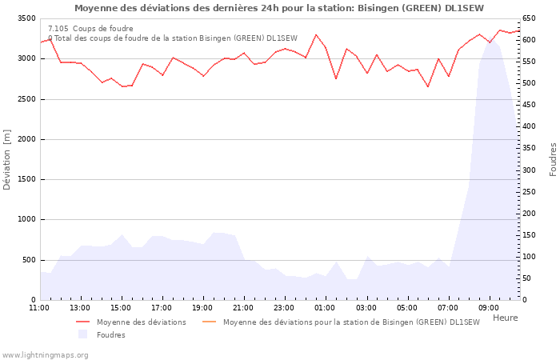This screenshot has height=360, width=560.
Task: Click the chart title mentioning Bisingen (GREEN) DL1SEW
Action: click(279, 8)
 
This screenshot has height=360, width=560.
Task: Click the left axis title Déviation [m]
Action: click(8, 159)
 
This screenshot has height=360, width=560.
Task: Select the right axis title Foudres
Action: click(553, 159)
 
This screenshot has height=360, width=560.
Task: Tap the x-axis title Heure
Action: click(505, 318)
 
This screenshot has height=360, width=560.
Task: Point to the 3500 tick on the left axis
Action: click(26, 18)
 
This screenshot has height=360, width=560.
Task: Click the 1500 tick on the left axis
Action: click(26, 179)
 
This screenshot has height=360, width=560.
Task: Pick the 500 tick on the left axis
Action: click(28, 260)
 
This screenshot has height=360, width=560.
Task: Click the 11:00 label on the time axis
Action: click(38, 308)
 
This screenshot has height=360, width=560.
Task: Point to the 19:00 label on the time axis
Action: click(202, 308)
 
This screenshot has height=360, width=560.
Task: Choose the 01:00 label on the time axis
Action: click(325, 308)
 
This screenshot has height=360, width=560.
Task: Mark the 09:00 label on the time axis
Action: click(489, 308)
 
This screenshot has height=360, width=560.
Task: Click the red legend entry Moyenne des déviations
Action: click(141, 322)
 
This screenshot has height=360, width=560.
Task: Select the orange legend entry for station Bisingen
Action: click(351, 322)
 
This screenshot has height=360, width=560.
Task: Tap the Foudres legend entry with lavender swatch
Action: click(110, 335)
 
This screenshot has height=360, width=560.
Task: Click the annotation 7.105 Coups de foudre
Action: click(90, 29)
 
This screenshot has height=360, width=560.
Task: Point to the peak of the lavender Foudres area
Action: click(491, 38)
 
